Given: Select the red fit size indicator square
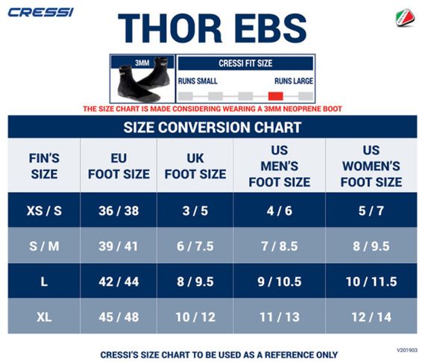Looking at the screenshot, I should click(x=276, y=96).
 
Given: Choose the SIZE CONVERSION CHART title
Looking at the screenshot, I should click(x=212, y=127).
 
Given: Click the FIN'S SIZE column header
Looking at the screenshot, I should click(x=44, y=166).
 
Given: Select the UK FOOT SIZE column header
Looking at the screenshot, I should click(x=195, y=166).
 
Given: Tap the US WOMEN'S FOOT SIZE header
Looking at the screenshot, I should click(x=371, y=166).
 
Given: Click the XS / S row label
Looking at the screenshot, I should click(x=44, y=211).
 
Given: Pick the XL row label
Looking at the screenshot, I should click(x=44, y=317).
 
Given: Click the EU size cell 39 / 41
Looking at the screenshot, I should click(x=119, y=246).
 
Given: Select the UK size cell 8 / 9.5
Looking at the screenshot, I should click(x=195, y=281).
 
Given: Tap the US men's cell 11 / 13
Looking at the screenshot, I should click(x=279, y=317).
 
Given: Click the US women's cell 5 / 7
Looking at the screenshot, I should click(x=371, y=211).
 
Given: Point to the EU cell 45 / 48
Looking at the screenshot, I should click(x=119, y=317).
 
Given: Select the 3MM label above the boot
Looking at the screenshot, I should click(x=142, y=63).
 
